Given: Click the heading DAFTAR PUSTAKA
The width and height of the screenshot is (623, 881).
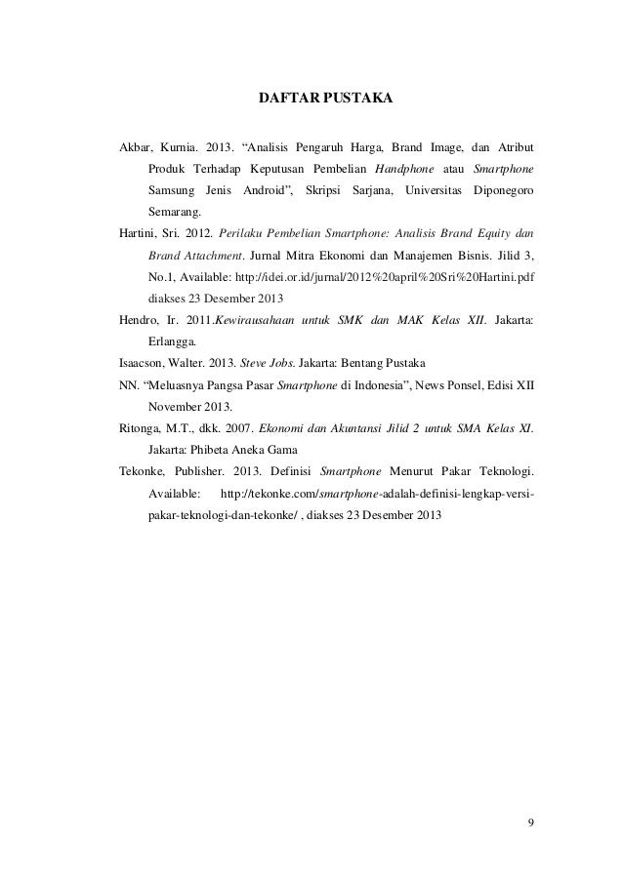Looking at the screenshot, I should tap(324, 100).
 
